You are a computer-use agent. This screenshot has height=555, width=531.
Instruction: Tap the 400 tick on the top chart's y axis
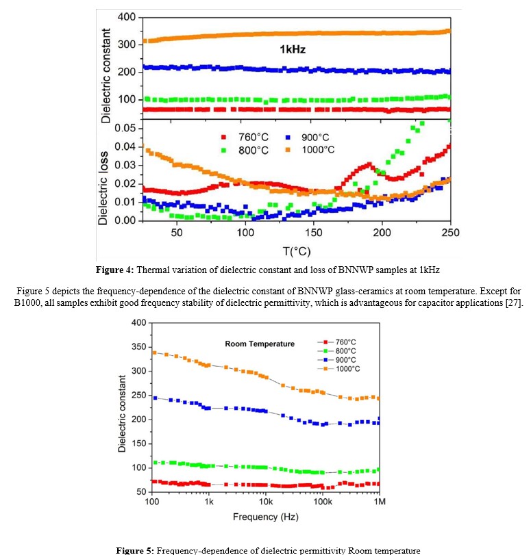pos(126,16)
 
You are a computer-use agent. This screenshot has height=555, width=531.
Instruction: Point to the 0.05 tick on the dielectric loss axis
pos(119,128)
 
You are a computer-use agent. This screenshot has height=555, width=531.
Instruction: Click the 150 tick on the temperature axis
pos(313,232)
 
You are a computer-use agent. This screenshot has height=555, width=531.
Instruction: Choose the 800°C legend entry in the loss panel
pos(240,149)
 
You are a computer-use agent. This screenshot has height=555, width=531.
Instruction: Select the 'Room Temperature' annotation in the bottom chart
pos(260,344)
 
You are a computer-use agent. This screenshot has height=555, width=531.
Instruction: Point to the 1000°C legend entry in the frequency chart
pos(348,369)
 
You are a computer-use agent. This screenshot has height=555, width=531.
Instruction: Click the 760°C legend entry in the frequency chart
pos(346,341)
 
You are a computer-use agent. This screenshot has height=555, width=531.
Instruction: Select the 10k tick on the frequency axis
pos(266,502)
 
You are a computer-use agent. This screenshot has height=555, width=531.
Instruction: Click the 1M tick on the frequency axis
pos(379,502)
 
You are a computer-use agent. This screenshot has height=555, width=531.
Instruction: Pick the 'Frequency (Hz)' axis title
pos(265,517)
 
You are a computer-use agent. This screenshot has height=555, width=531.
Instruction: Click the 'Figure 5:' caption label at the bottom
pos(137,550)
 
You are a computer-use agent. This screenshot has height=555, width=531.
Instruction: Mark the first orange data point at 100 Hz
pos(155,353)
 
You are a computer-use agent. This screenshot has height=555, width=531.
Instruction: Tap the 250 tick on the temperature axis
pos(450,232)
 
